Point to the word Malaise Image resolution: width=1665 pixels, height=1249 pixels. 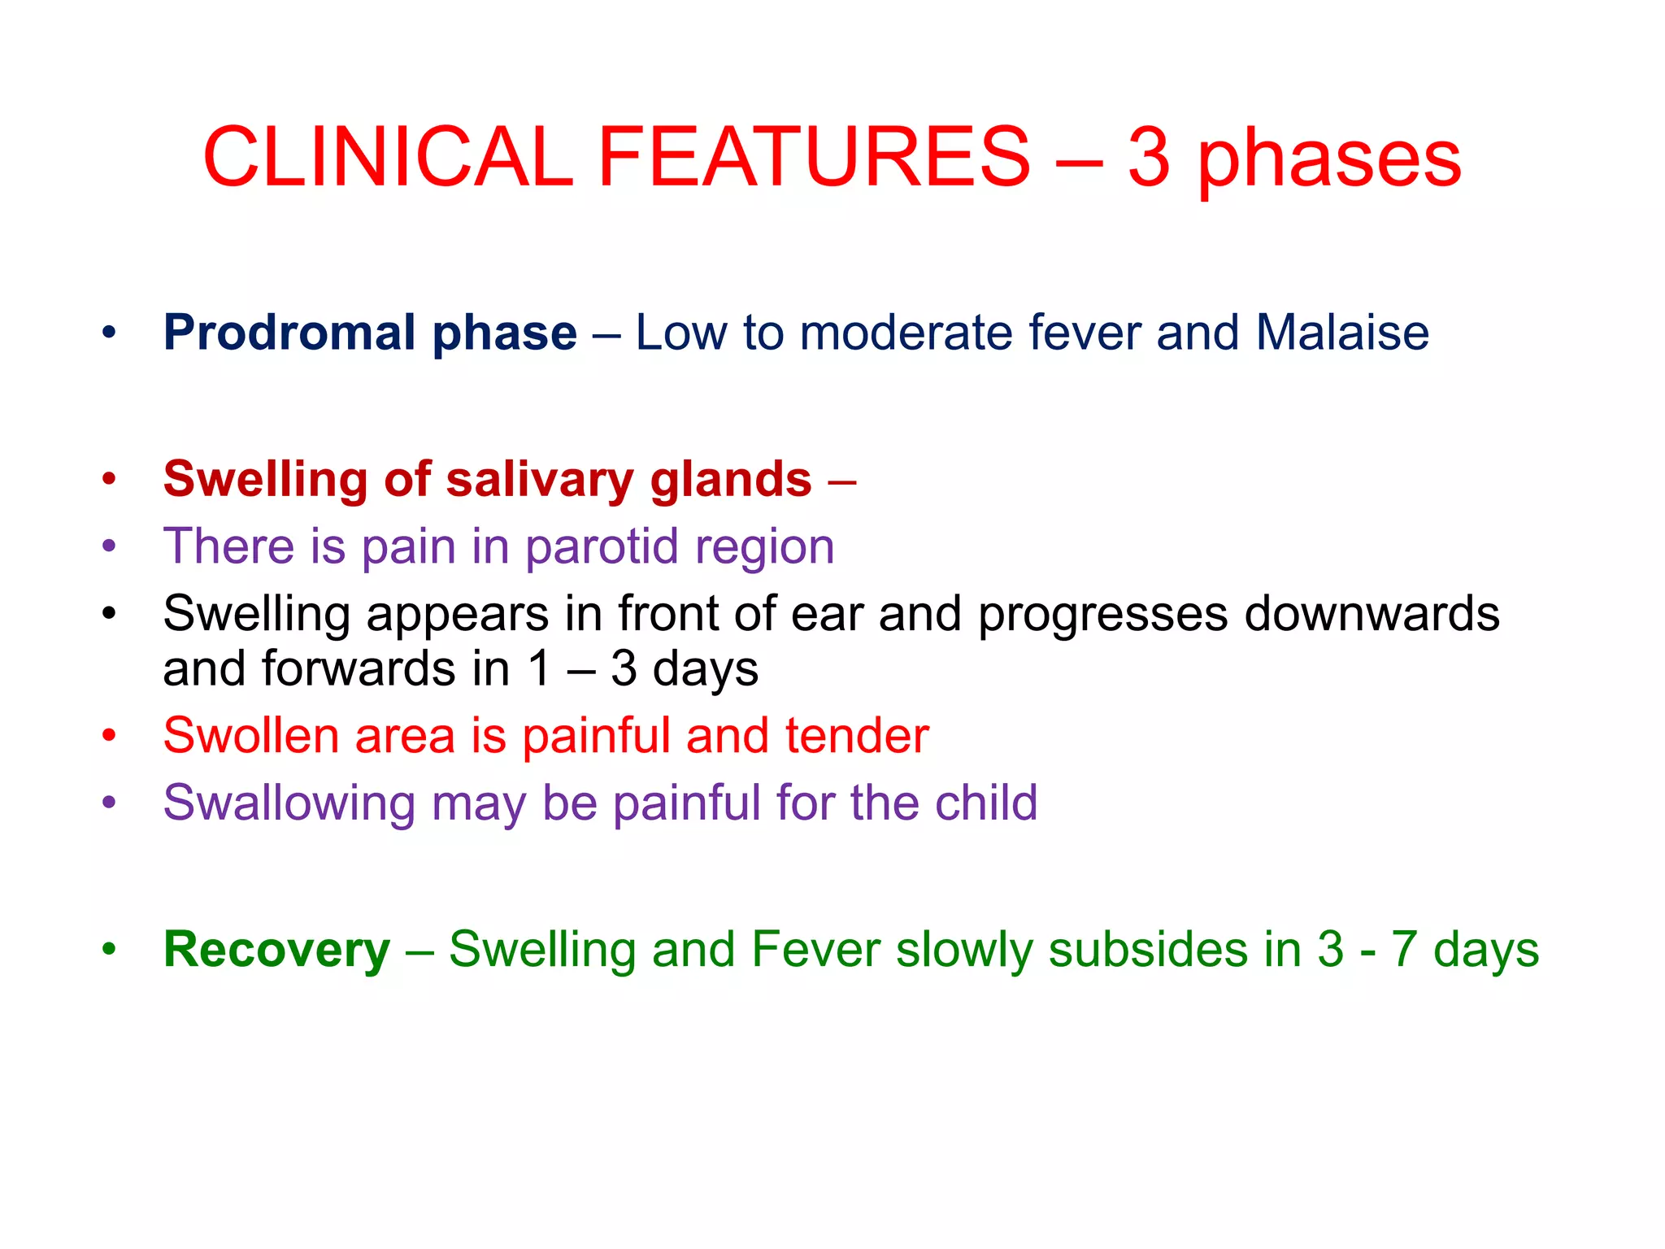1341,333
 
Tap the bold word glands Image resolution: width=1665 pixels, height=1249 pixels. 730,480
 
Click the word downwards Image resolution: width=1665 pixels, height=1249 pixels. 1372,614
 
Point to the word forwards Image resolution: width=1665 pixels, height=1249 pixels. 359,669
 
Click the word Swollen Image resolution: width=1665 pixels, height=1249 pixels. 250,736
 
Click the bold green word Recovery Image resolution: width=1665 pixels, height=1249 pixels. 276,951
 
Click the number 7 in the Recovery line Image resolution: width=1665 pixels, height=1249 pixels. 1404,950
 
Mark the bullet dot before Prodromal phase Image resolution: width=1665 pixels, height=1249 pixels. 109,333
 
